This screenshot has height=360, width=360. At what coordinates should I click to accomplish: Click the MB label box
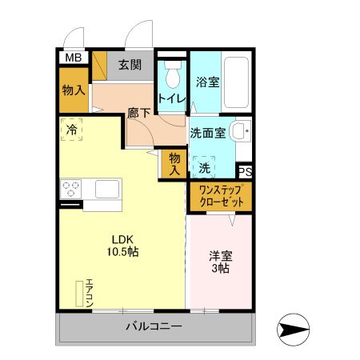(73, 58)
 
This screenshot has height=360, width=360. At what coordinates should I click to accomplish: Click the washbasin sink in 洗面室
(239, 131)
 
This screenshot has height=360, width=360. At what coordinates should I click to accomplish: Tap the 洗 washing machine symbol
(205, 168)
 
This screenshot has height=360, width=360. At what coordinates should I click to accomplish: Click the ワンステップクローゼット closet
(220, 197)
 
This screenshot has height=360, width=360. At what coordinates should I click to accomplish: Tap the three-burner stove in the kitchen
(70, 189)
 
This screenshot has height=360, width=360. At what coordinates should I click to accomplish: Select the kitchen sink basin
(108, 189)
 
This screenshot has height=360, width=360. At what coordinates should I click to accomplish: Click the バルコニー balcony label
(154, 326)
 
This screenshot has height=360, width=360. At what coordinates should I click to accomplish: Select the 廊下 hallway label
(139, 113)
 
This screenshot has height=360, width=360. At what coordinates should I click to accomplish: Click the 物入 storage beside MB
(73, 90)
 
